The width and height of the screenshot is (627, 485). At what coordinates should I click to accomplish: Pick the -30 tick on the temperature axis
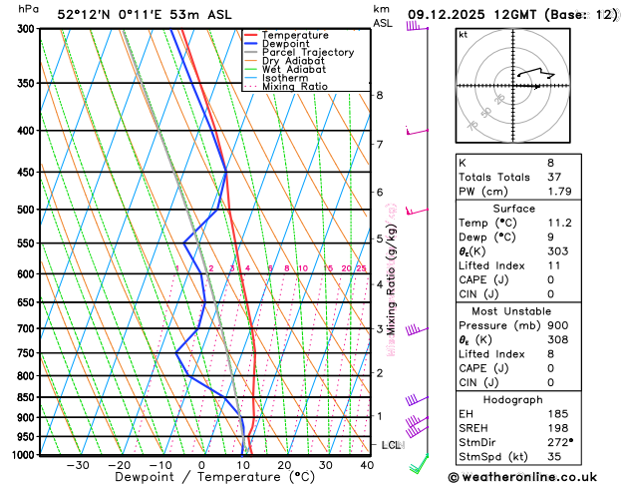[x=78, y=464]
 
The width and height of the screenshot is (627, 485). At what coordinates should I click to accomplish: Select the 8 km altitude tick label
[x=380, y=95]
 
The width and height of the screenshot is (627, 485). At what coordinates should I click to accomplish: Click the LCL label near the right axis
[x=392, y=445]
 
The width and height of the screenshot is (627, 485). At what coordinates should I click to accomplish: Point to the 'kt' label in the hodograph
[x=464, y=34]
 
